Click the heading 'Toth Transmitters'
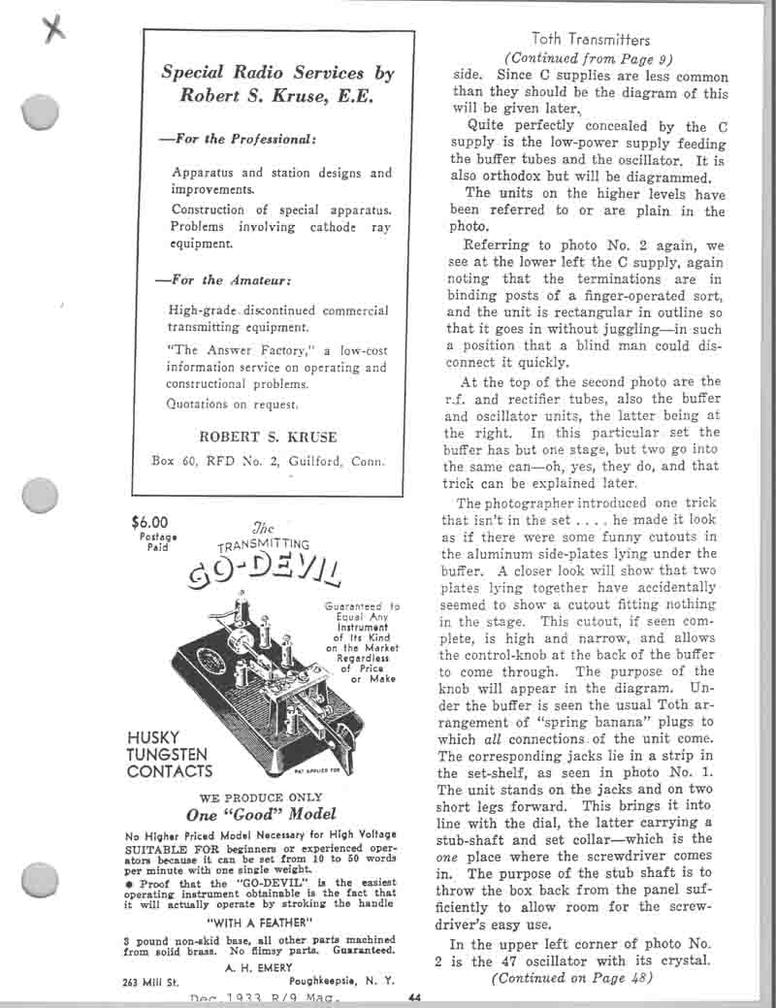tap(591, 40)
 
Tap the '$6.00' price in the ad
tap(149, 521)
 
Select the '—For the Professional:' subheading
tap(237, 139)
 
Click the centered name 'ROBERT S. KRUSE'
tap(269, 437)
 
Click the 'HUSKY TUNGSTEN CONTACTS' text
tap(170, 754)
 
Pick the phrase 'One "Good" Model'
tap(261, 814)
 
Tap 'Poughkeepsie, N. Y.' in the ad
tap(341, 981)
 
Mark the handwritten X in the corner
tap(55, 29)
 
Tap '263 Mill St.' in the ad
tap(154, 981)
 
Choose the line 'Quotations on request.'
tap(233, 403)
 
